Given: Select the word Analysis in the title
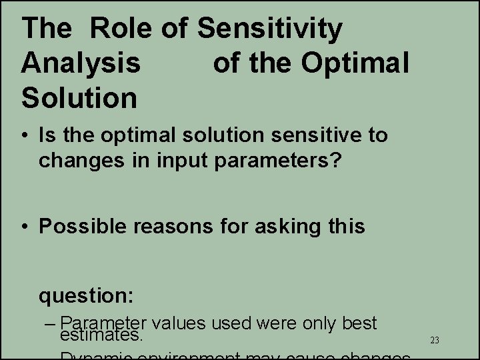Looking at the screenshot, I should click(81, 63).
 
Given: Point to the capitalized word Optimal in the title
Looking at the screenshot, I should click(355, 63).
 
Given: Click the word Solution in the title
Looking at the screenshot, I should click(79, 97).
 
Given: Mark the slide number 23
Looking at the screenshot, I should click(435, 341).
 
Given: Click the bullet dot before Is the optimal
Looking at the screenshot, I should click(25, 136).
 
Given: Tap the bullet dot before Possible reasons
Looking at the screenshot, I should click(25, 227).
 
